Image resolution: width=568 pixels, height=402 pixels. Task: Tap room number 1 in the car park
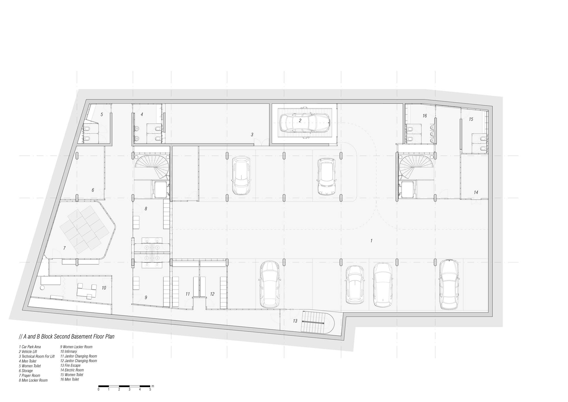[371, 241]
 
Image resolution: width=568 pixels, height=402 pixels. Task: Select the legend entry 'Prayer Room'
[30, 376]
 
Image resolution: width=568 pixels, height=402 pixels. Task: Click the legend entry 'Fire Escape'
[70, 366]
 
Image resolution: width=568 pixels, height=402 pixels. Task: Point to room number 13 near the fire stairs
[295, 321]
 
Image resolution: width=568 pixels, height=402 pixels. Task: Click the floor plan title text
[66, 337]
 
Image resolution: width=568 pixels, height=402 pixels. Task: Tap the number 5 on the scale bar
[150, 389]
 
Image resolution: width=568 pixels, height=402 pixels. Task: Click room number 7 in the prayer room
[64, 248]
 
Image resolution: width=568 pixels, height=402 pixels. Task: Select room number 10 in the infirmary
[104, 288]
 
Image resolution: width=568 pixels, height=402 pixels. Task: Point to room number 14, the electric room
[476, 192]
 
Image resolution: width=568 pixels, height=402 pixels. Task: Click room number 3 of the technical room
[252, 135]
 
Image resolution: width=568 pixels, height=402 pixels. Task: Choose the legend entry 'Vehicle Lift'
[28, 352]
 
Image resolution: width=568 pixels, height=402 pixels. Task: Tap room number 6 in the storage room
[93, 190]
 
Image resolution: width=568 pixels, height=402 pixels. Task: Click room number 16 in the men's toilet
[425, 116]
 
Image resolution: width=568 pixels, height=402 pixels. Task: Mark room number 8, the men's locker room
[146, 209]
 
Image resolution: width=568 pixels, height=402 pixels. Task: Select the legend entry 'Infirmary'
[68, 352]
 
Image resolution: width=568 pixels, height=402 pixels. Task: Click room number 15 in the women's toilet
[471, 119]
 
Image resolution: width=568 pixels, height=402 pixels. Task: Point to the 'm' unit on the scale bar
[153, 386]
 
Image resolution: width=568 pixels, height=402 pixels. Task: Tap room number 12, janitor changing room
[212, 294]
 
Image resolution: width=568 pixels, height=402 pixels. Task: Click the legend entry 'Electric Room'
[72, 370]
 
